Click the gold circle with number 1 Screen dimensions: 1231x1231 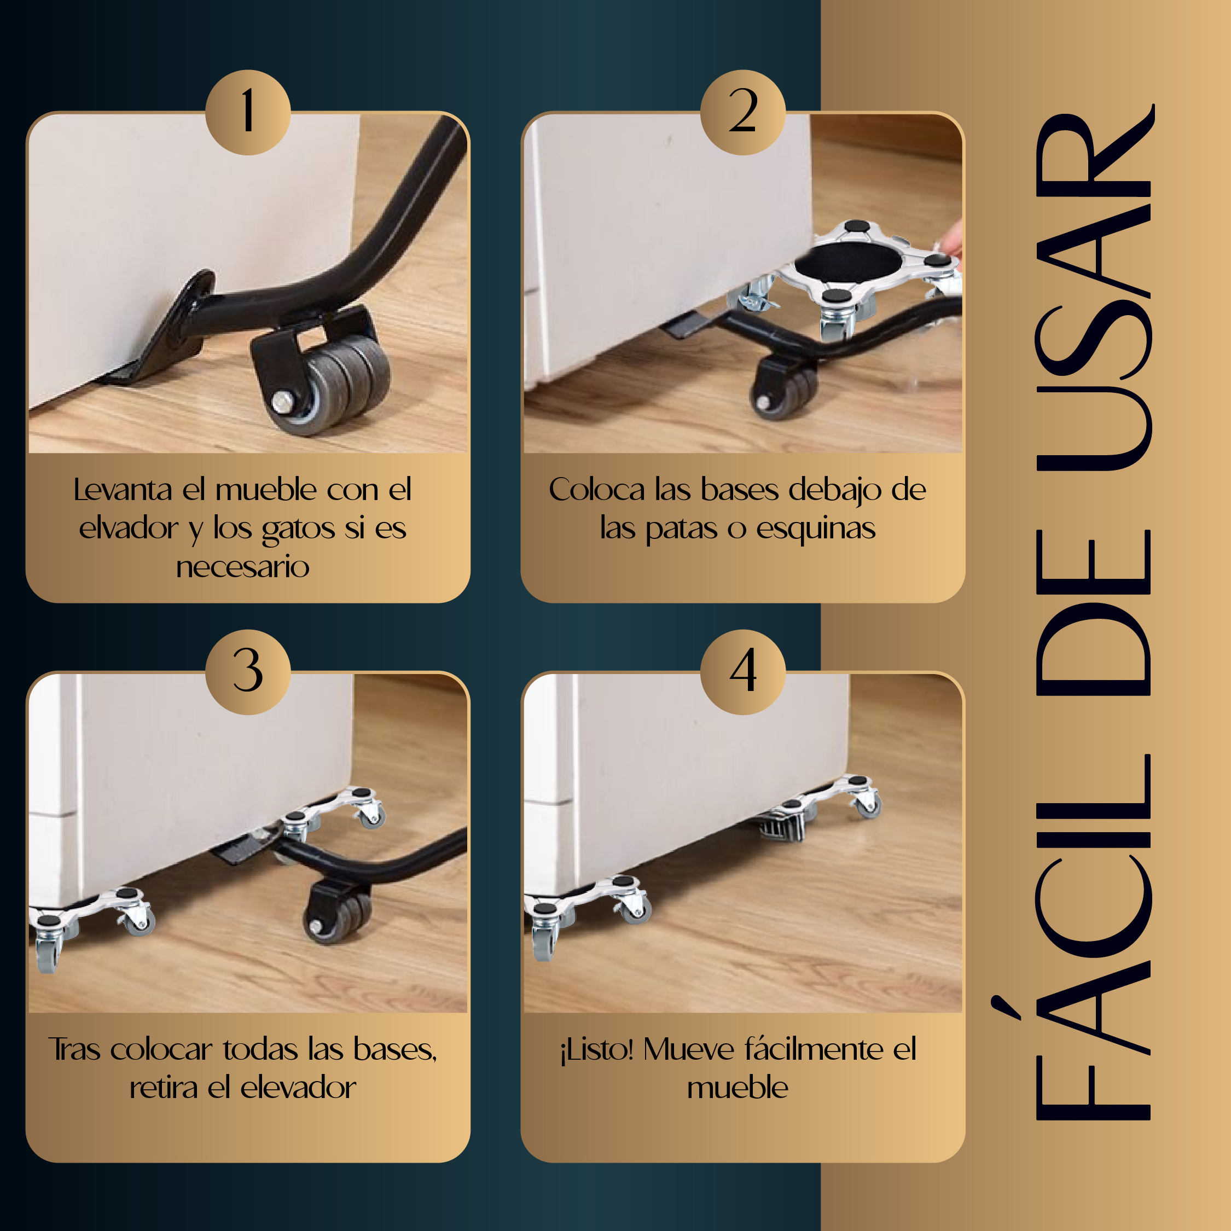[x=248, y=112]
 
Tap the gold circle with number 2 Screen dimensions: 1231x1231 [x=743, y=112]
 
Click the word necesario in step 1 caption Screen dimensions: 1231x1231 [x=243, y=567]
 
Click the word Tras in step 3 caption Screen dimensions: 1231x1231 [x=74, y=1049]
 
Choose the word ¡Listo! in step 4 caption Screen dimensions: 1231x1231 [x=596, y=1050]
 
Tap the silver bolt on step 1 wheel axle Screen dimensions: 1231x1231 [x=281, y=402]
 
